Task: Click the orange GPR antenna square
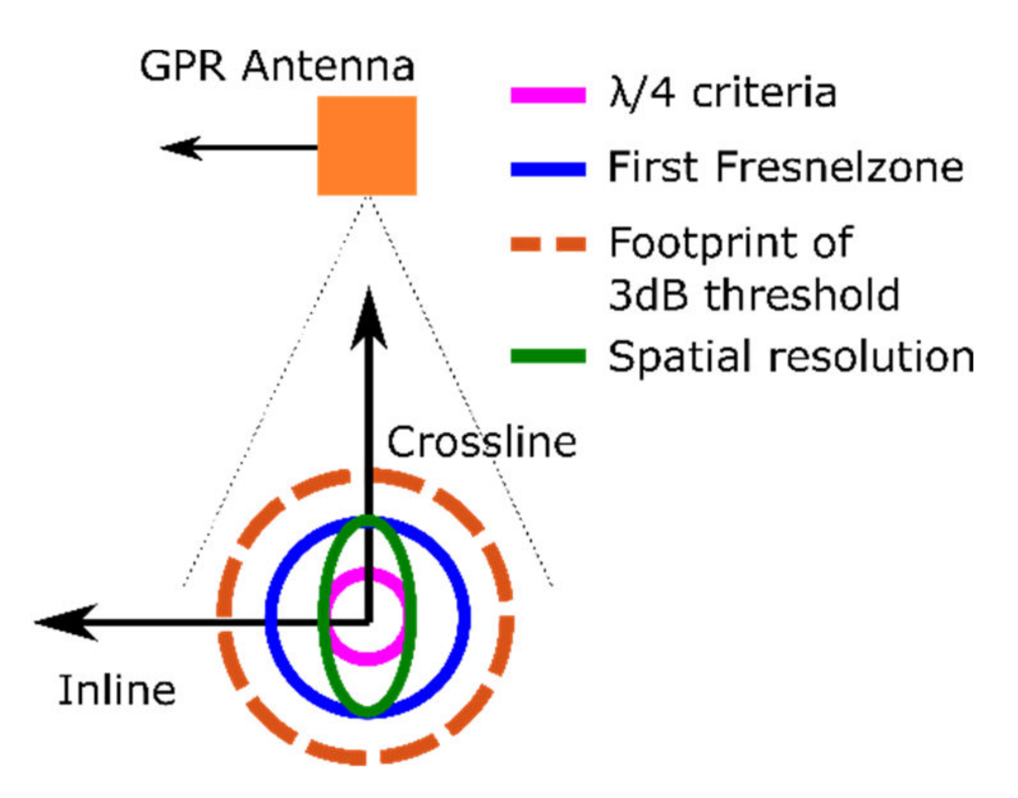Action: [367, 146]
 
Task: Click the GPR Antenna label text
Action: [277, 66]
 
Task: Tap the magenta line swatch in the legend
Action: [548, 95]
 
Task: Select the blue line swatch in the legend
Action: [548, 169]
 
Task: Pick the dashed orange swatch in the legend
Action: [548, 244]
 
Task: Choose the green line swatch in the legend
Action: [548, 356]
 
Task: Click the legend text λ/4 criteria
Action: [723, 93]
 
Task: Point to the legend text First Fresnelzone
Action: [785, 168]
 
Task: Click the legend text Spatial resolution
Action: [791, 356]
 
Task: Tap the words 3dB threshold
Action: [755, 295]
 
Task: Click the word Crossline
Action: [482, 442]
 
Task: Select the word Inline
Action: [117, 691]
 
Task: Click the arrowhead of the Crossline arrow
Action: [369, 320]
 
